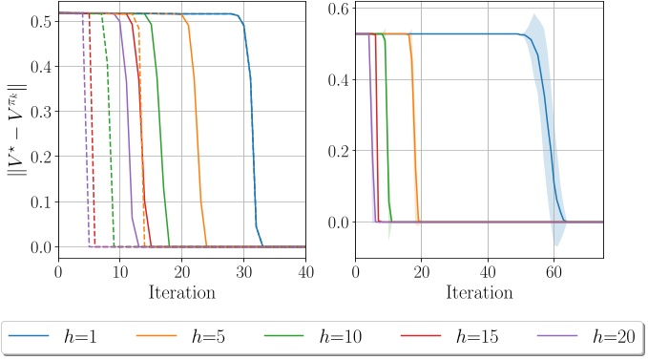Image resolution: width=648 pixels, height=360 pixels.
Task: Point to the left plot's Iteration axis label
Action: click(x=181, y=291)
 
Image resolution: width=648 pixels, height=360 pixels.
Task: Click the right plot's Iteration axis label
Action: click(x=479, y=291)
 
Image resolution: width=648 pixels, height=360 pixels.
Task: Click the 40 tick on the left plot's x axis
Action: click(x=305, y=270)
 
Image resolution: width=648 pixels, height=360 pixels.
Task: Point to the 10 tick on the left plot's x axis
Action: click(x=119, y=270)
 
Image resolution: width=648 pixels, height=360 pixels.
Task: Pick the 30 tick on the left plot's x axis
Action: click(x=243, y=270)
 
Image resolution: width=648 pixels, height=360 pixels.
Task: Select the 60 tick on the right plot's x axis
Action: click(x=554, y=270)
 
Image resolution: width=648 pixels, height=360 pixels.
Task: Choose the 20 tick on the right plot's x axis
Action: click(x=421, y=270)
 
